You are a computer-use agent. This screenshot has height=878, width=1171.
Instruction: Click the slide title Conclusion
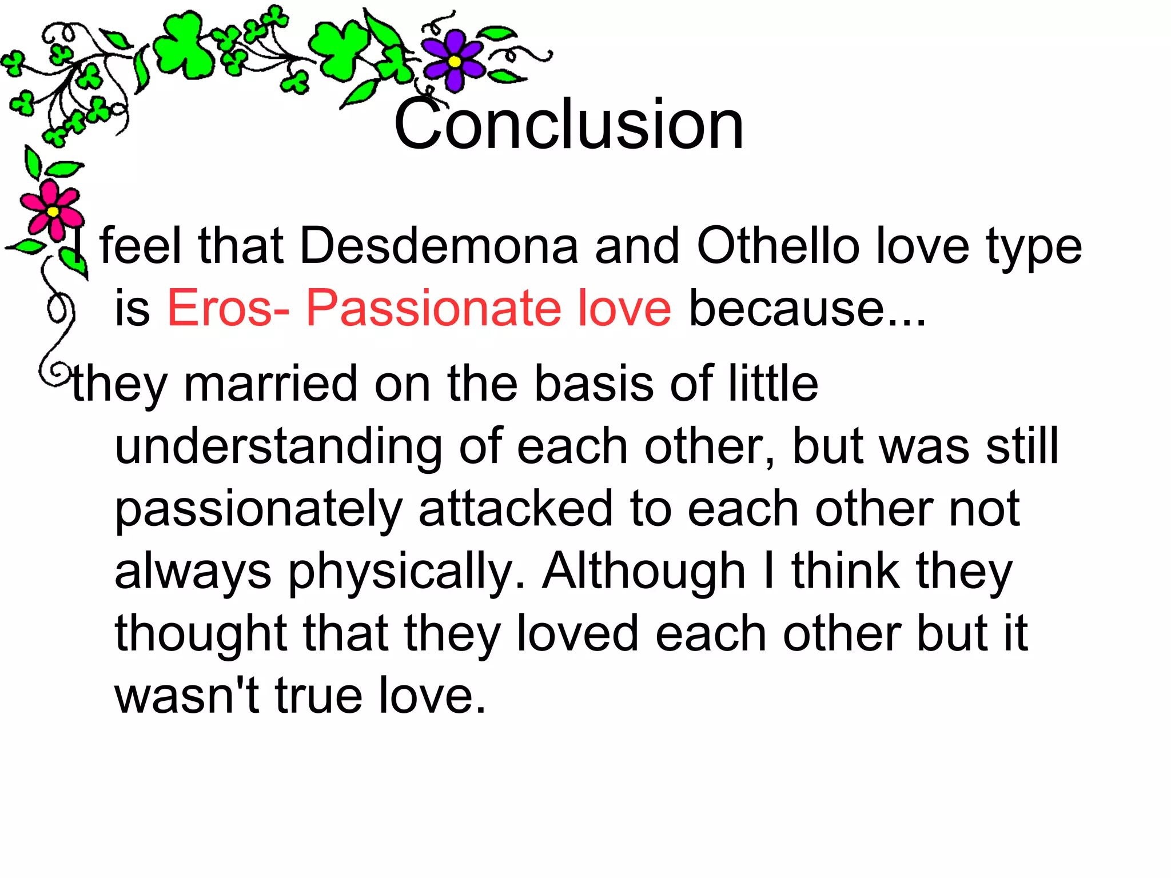[x=569, y=125]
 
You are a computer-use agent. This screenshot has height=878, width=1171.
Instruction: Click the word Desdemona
[x=439, y=246]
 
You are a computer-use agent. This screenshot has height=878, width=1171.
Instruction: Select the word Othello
[x=778, y=246]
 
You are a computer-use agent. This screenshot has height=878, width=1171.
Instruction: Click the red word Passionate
[x=432, y=309]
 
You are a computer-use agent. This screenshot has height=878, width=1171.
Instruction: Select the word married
[x=270, y=384]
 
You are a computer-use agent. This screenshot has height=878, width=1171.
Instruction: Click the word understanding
[x=278, y=447]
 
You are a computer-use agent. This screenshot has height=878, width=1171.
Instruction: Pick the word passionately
[x=258, y=510]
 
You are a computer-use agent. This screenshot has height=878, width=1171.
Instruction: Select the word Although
[x=644, y=572]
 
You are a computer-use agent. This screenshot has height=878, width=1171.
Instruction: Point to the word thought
[x=201, y=634]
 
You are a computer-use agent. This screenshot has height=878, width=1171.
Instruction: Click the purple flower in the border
[x=453, y=61]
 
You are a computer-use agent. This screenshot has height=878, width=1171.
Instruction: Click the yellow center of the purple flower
[x=455, y=61]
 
